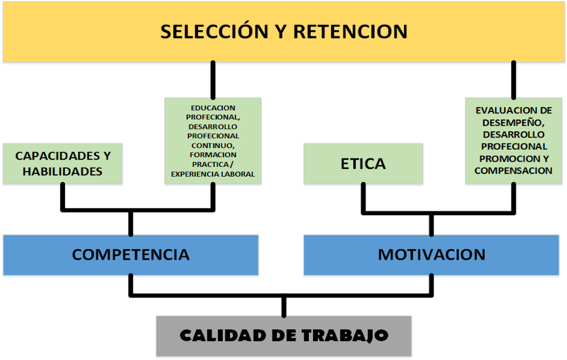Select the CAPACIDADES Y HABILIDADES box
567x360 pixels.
tap(63, 163)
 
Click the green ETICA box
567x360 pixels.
tap(363, 163)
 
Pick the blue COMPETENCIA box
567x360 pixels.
tap(130, 254)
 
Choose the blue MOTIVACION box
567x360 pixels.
tap(431, 254)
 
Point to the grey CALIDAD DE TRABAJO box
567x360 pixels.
tap(283, 336)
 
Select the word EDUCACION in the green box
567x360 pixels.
tap(213, 108)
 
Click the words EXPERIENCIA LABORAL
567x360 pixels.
tap(213, 174)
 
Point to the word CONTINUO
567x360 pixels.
tap(213, 145)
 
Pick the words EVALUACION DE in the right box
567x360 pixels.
tap(514, 111)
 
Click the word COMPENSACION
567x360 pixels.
tap(514, 170)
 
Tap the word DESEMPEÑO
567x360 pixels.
tap(514, 123)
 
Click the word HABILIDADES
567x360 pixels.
tap(63, 172)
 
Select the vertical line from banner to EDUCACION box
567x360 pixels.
tap(212, 80)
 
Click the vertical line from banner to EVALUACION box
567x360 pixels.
tap(514, 80)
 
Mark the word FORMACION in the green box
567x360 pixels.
tap(213, 155)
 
